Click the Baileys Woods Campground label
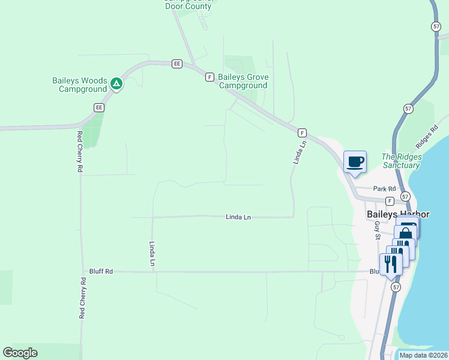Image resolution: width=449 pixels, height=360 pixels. click(x=80, y=85)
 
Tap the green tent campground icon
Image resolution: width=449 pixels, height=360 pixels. click(x=116, y=83)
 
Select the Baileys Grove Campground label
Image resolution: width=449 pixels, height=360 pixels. click(x=243, y=81)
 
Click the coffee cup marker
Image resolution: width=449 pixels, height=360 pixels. click(x=355, y=161)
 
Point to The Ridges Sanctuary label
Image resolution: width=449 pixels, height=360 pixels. click(x=402, y=161)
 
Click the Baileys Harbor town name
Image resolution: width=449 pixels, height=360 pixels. click(x=393, y=213)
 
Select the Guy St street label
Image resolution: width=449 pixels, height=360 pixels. click(x=378, y=230)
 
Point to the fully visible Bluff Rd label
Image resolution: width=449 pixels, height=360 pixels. click(x=101, y=271)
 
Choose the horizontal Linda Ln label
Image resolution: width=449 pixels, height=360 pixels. click(x=238, y=217)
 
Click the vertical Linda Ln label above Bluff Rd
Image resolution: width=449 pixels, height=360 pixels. click(x=152, y=254)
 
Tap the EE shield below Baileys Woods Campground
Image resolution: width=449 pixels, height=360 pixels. click(x=99, y=107)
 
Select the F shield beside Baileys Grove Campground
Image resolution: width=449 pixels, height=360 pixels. click(x=209, y=77)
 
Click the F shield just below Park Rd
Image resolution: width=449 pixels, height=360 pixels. click(x=390, y=200)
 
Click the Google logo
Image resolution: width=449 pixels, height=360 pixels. click(x=20, y=353)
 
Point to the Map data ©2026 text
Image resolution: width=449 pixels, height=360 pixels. click(x=424, y=355)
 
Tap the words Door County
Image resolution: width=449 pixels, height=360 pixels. click(x=188, y=6)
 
